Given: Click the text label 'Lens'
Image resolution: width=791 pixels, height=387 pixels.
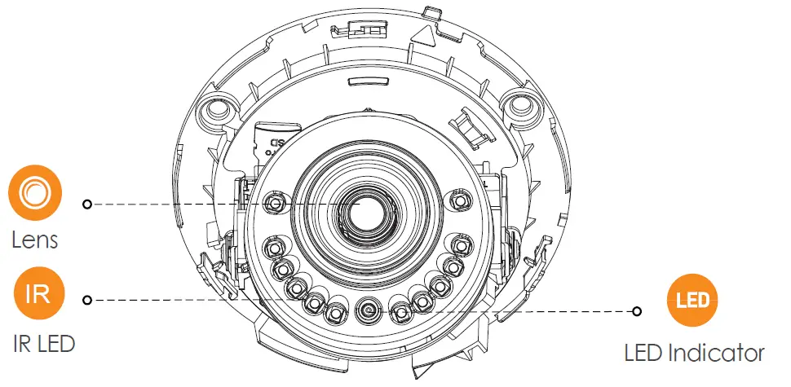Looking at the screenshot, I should point(34,240).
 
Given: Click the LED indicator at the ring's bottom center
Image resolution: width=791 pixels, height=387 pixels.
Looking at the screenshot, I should point(368,309).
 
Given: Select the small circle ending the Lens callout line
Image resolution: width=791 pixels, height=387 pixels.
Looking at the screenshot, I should point(87,204).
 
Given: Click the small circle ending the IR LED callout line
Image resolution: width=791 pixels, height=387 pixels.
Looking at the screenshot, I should point(87,300).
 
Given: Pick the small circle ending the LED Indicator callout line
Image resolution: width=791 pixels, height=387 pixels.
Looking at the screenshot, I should point(637,310).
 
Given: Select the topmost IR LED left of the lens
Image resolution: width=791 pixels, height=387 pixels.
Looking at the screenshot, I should point(276,200).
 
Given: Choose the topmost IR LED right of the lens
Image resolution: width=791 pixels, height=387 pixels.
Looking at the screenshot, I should point(460,200).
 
